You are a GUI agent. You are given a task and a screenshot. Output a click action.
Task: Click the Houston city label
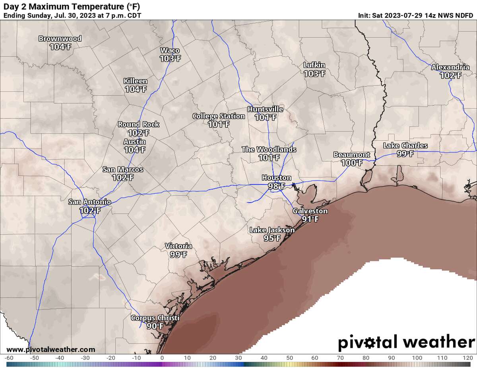pos(276,178)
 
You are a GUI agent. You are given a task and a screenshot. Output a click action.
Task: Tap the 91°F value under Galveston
pos(310,219)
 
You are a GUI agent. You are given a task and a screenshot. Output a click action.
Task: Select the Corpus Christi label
pos(155,318)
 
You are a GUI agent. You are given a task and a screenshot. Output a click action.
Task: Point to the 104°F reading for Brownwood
pos(60,46)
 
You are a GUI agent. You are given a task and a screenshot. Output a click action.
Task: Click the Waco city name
pos(170,50)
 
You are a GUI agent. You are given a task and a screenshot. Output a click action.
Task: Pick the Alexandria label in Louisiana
pos(450,67)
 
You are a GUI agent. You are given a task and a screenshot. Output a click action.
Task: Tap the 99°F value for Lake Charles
pos(405,154)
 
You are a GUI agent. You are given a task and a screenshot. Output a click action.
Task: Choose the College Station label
pos(219,116)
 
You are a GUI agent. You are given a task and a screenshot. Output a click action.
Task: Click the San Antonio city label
pos(89,202)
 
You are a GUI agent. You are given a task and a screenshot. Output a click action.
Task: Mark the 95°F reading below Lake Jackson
pos(272,238)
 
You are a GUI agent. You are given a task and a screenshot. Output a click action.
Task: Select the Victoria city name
pos(178,247)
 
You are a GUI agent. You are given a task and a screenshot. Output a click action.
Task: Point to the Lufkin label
pos(314,65)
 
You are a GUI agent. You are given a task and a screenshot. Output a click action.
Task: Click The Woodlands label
pos(269,150)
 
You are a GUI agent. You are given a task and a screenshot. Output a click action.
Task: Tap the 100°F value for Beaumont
pos(351,162)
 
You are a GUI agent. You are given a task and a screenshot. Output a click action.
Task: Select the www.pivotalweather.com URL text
pos(51,350)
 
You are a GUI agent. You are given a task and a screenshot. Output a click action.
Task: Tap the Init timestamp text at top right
pos(415,15)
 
